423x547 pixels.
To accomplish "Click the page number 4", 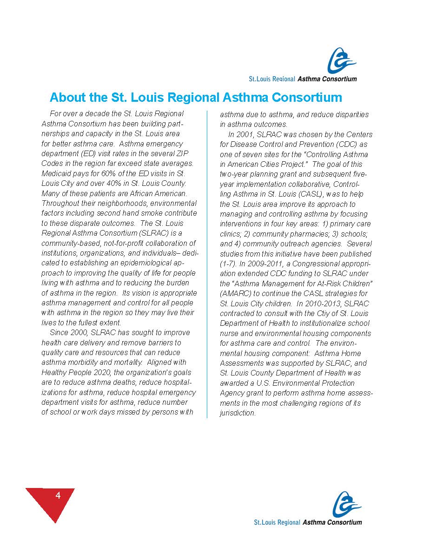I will tap(58, 495).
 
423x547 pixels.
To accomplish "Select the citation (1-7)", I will tap(228, 264).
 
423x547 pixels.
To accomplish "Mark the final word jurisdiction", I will tap(237, 413).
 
